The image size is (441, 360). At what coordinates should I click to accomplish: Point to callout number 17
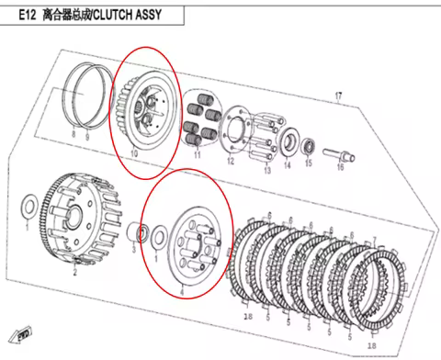coord(338,96)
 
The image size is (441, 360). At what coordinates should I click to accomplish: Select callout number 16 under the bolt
coord(339,168)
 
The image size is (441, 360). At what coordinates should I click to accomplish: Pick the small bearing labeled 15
coord(308,145)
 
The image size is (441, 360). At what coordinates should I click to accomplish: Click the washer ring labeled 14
coord(288,142)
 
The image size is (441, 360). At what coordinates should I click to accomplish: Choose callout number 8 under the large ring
coord(75,135)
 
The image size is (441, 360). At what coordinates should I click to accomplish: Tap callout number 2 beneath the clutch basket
coord(75,272)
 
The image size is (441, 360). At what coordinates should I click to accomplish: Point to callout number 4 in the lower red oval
coord(181,291)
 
